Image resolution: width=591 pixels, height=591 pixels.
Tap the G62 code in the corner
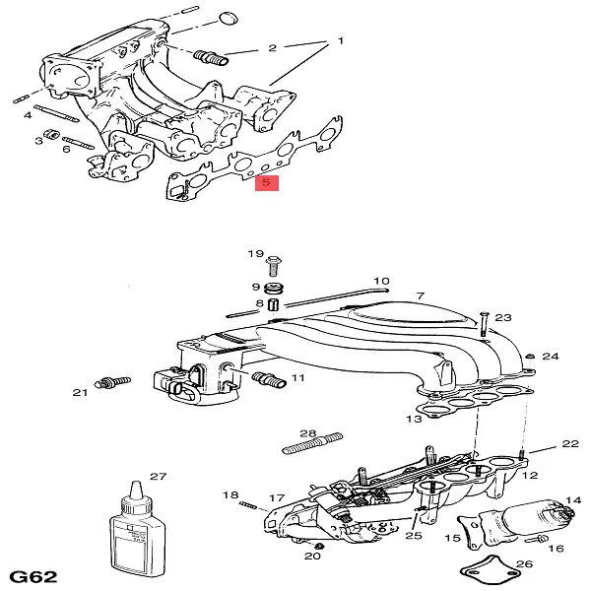(33, 574)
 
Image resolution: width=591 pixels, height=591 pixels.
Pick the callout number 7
(419, 295)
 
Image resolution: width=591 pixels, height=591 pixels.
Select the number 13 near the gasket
(413, 419)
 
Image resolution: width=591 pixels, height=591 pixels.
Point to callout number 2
(272, 47)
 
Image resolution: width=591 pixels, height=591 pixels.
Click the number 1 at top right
(340, 41)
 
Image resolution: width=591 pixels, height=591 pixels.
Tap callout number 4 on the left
(29, 116)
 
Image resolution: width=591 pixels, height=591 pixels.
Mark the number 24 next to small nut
(551, 356)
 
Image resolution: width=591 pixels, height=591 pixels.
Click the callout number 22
(570, 444)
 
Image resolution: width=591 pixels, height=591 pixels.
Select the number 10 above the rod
(381, 281)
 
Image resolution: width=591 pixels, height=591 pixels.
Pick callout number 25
(414, 535)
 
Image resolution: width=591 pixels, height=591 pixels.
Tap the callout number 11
(297, 377)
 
